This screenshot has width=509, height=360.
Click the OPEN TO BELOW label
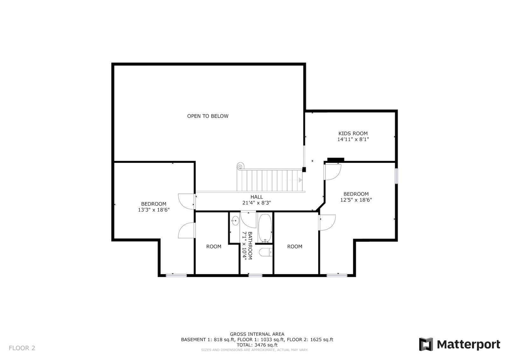tap(208, 116)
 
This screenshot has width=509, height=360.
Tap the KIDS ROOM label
tap(353, 134)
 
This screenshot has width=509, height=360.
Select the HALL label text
tap(256, 197)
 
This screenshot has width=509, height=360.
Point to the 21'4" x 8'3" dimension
tap(256, 203)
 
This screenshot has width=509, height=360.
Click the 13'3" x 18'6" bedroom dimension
tap(154, 210)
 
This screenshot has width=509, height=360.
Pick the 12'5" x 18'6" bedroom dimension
tap(356, 200)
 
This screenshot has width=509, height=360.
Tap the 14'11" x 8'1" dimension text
tap(353, 139)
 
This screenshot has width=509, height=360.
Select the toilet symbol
tap(266, 252)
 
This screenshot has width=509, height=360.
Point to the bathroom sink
tap(235, 220)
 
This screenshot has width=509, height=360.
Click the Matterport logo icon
tap(426, 344)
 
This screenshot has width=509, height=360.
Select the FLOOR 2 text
tap(22, 348)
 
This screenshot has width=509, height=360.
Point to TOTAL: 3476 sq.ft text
tap(257, 345)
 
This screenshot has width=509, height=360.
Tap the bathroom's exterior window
tap(255, 275)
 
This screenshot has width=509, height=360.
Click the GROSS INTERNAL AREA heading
tap(257, 334)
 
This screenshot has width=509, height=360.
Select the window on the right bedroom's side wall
tap(396, 176)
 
